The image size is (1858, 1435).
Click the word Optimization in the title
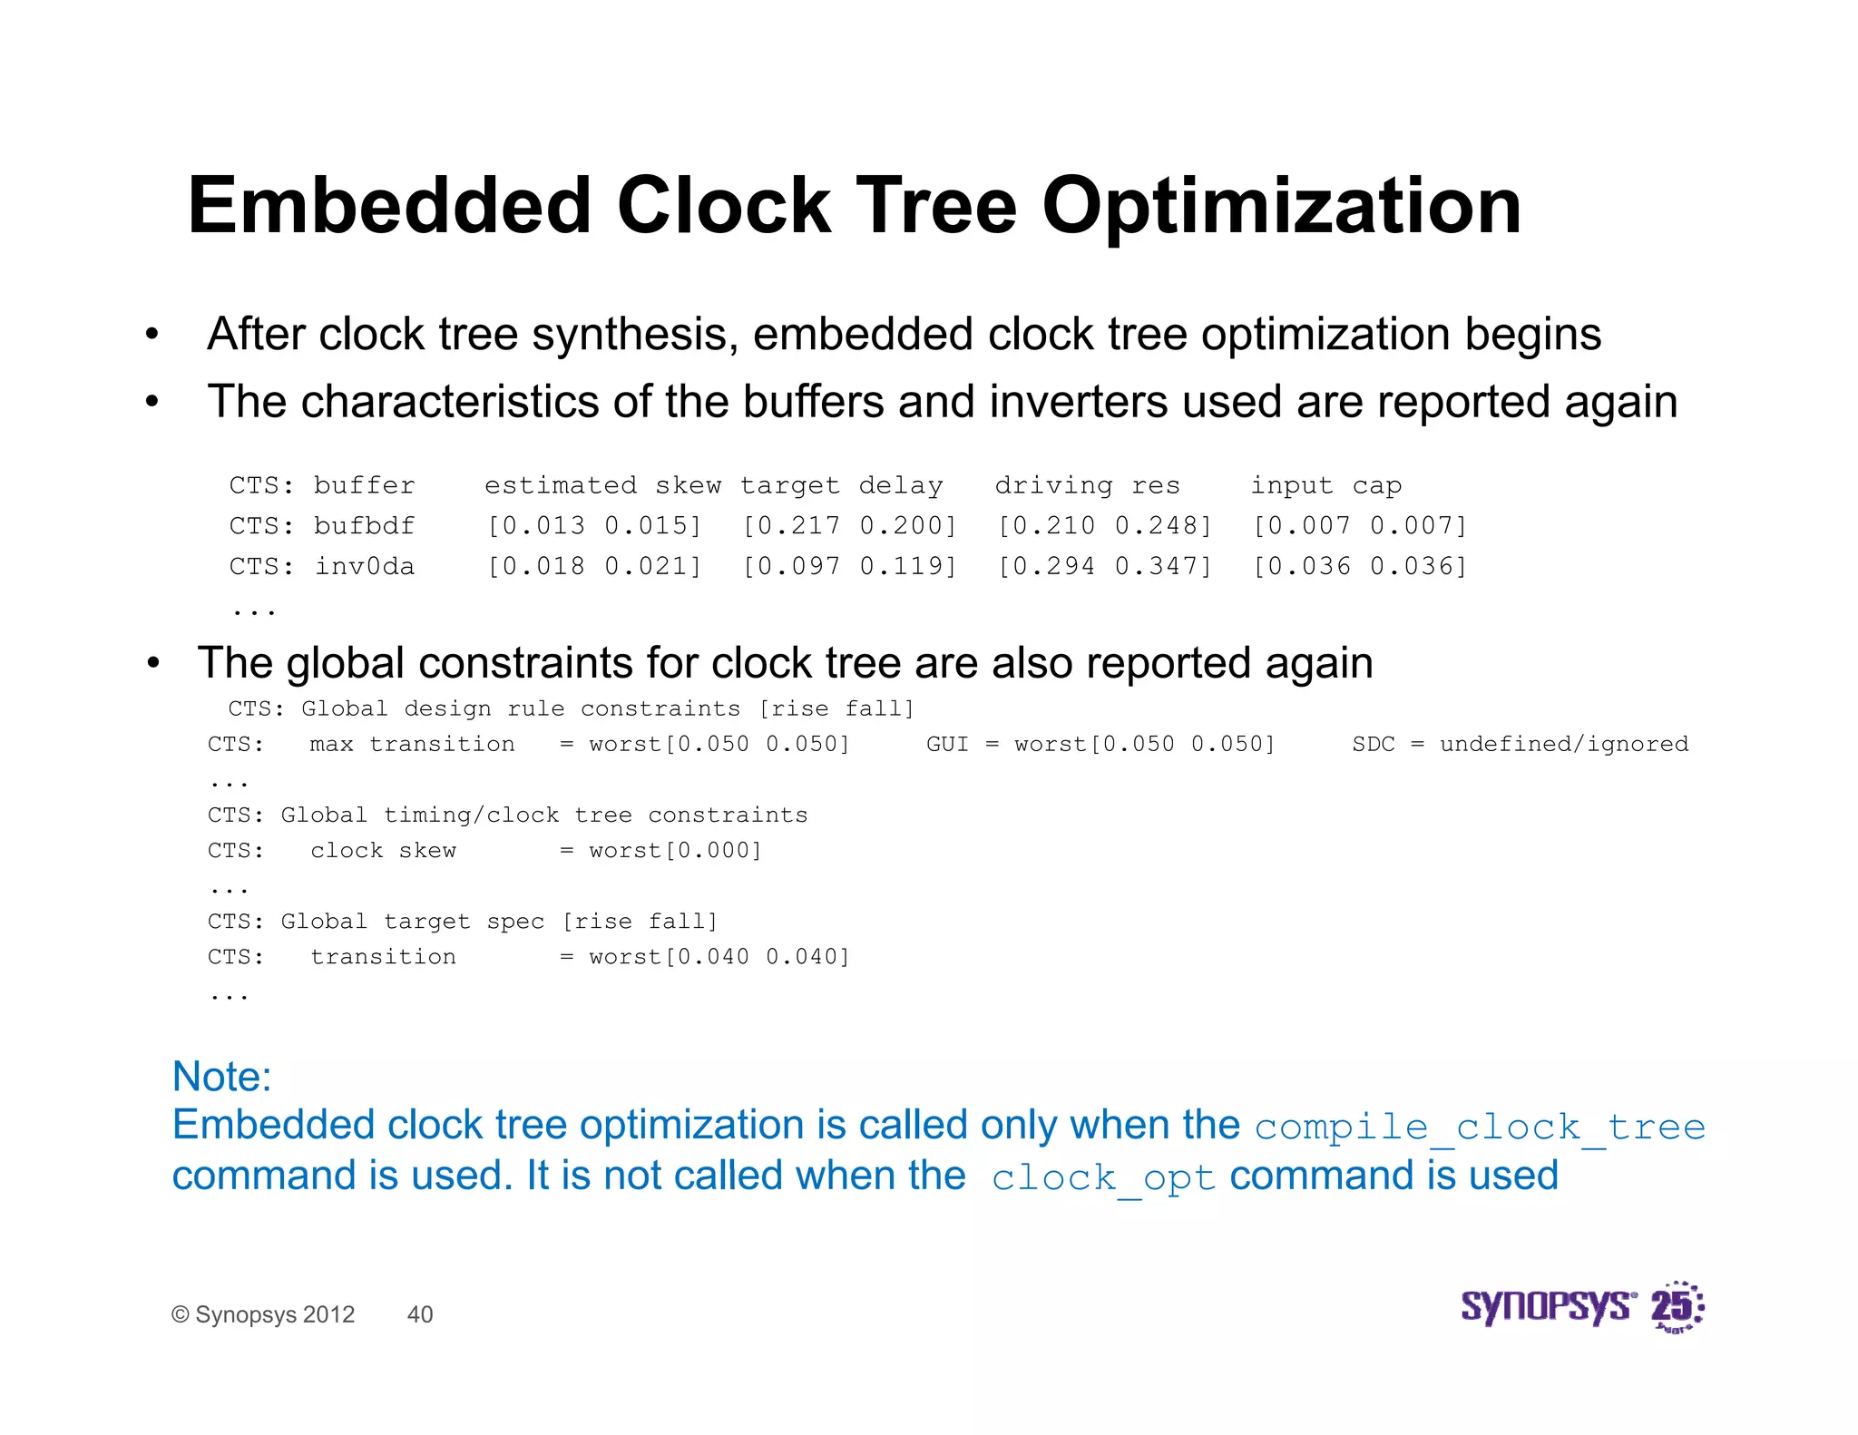1281,207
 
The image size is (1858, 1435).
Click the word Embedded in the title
389,207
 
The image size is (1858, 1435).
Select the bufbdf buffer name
364,526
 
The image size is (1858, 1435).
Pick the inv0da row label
364,567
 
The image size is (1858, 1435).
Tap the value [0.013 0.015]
594,526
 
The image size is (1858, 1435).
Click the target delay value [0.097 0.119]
849,567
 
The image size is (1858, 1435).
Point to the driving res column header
1087,485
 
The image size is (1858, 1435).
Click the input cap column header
1326,485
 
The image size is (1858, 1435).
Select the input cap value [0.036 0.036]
1359,567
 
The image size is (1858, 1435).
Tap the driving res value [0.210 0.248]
1104,526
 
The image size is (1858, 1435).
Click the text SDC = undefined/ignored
1520,745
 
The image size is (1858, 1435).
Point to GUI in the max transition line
946,745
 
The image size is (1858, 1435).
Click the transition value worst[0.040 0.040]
719,957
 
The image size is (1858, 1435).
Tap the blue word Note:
221,1077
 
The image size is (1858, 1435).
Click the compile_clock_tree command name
1480,1127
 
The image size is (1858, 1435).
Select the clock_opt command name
1102,1178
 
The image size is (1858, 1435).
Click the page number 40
420,1314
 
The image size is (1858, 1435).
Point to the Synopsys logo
1548,1307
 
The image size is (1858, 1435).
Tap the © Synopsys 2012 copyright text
263,1314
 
